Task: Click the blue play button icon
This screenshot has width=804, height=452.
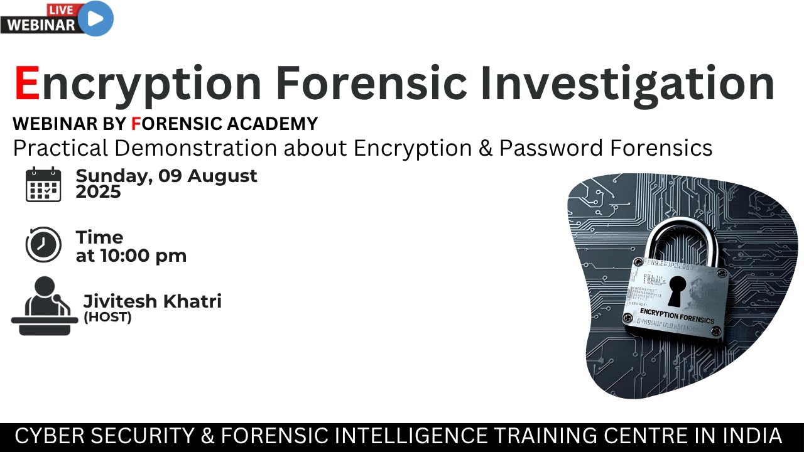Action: [96, 18]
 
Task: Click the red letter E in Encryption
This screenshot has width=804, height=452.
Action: [27, 83]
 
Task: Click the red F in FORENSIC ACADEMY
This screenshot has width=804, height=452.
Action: [136, 124]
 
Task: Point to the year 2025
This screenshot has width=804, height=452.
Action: [98, 192]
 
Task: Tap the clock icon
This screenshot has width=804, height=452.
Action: [43, 245]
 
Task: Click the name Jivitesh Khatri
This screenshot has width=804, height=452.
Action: [152, 301]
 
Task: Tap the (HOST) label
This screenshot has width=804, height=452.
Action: [107, 317]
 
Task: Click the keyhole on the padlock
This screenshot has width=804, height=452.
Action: [677, 289]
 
